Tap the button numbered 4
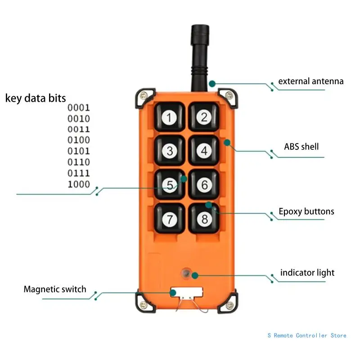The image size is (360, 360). click(x=204, y=151)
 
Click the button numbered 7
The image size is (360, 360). click(x=170, y=219)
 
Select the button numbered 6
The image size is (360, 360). click(x=204, y=184)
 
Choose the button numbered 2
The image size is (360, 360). click(x=204, y=117)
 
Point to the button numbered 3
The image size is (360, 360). click(x=170, y=151)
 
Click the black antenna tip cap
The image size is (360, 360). click(x=200, y=35)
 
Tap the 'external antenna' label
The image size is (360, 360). click(x=311, y=81)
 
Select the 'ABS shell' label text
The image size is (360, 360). click(x=301, y=147)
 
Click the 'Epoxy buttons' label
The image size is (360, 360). click(x=306, y=211)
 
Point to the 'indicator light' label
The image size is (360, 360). click(x=307, y=273)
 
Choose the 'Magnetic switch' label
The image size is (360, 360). click(x=55, y=289)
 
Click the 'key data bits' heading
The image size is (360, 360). click(x=36, y=98)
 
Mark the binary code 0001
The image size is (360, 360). click(x=79, y=108)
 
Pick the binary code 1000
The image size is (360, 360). click(x=79, y=184)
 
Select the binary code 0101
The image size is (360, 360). click(x=79, y=151)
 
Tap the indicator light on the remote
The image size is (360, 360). click(x=186, y=273)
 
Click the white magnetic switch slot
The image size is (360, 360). click(x=187, y=292)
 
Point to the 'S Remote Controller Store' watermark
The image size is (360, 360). click(x=307, y=335)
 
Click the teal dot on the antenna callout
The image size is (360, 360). click(x=212, y=84)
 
